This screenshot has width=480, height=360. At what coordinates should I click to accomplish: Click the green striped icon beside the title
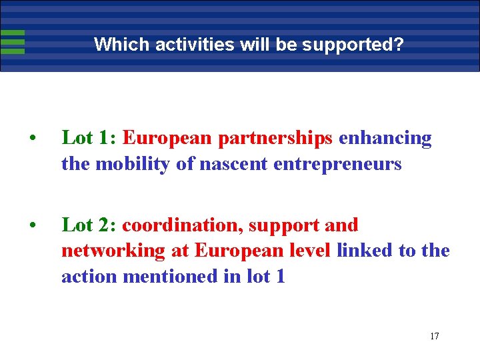click(x=13, y=42)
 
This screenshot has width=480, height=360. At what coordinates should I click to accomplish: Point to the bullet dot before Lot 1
click(x=32, y=139)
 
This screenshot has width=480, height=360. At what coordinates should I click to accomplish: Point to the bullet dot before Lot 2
click(x=32, y=225)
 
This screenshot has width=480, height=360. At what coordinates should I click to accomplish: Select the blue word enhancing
click(x=385, y=138)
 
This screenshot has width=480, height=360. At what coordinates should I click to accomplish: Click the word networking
click(x=113, y=251)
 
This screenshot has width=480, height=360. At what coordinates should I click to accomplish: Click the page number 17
click(x=434, y=335)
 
